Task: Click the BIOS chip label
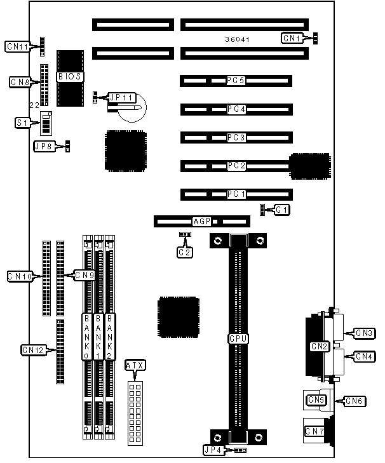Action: click(70, 77)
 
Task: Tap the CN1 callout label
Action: click(292, 38)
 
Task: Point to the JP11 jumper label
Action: click(121, 98)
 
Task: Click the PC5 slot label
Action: click(236, 81)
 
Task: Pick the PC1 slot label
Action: click(236, 194)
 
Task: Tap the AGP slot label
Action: click(201, 222)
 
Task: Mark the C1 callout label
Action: click(281, 210)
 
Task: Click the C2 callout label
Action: click(184, 252)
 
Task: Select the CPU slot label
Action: click(238, 339)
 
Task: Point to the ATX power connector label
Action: click(135, 365)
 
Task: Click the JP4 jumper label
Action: click(213, 450)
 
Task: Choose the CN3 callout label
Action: click(365, 332)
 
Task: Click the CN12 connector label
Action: click(33, 349)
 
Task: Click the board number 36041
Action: click(237, 39)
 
